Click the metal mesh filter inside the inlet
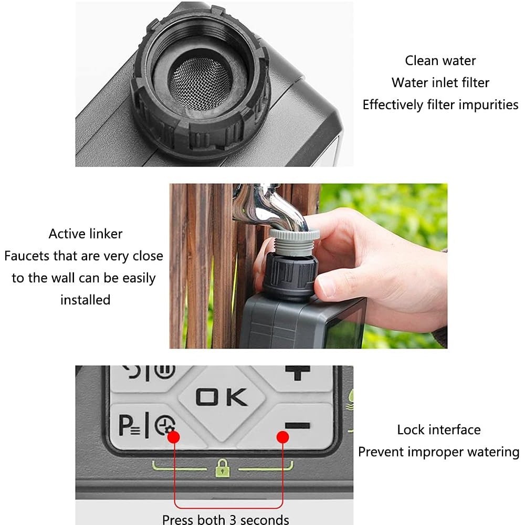(200, 83)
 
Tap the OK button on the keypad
(222, 397)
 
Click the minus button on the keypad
(297, 426)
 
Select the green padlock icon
(223, 468)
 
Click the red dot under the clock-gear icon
(173, 437)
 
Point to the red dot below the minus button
(283, 437)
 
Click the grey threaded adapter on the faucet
(295, 241)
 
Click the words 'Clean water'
(440, 60)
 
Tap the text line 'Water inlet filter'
(440, 83)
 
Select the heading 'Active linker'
(86, 234)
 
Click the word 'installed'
(86, 300)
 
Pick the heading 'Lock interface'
(438, 429)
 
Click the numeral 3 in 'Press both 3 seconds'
(233, 519)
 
